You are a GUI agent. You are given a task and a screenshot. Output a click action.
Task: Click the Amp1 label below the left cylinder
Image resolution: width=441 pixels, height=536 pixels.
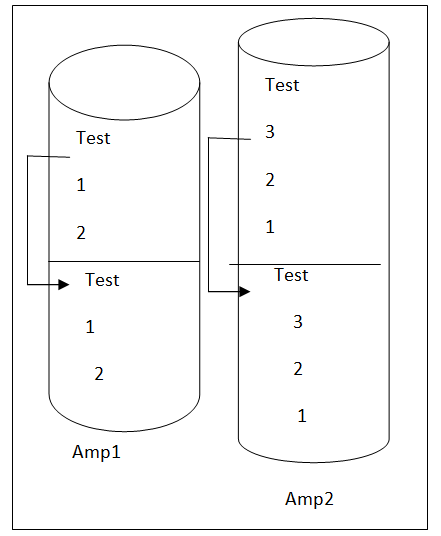pos(96,452)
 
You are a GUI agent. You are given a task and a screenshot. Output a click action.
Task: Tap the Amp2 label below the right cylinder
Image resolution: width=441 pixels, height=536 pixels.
pos(309,499)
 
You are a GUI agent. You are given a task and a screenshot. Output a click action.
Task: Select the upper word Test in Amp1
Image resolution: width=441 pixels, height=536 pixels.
pos(93,138)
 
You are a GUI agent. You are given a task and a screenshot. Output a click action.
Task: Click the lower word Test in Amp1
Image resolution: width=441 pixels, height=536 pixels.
pos(102,280)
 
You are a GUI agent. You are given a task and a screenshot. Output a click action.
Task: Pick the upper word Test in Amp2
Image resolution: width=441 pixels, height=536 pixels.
pos(282,85)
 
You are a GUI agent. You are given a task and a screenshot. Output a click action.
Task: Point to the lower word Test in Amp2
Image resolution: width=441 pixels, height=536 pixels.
pos(291,275)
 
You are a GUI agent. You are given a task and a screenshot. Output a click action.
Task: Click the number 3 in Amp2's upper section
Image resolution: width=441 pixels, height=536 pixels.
pos(270,132)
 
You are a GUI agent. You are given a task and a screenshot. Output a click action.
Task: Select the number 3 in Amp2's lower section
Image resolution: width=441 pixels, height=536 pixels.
pos(298,322)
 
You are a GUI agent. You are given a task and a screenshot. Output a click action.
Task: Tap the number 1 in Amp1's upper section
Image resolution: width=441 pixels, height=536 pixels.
pos(81,185)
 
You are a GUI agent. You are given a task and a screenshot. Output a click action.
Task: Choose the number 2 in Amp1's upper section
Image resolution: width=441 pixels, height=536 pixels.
pos(81,233)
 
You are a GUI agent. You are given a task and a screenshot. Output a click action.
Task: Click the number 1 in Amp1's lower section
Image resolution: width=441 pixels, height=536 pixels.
pos(90,327)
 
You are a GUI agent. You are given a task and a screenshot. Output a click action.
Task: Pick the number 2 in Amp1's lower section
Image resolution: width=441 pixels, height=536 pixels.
pos(99,374)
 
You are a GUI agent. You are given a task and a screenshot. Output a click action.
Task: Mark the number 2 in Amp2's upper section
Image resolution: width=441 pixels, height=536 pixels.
pos(270,180)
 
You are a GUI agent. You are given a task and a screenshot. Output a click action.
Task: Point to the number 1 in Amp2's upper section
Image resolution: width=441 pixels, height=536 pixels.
pos(270,227)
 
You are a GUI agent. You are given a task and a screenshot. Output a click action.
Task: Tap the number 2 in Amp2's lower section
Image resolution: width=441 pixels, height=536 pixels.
pos(298,369)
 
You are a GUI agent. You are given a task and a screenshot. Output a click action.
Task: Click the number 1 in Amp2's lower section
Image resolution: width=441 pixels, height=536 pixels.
pos(302,416)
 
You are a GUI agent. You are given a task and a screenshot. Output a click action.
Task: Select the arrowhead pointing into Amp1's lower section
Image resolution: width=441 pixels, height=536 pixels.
pos(64,284)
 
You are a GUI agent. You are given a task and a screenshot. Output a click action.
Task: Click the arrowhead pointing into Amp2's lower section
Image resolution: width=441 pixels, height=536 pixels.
pos(245,292)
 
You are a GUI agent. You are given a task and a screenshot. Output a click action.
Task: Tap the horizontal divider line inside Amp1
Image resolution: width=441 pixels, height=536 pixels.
pos(124,262)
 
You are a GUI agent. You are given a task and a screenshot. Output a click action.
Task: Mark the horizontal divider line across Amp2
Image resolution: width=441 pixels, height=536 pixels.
pos(305,264)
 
